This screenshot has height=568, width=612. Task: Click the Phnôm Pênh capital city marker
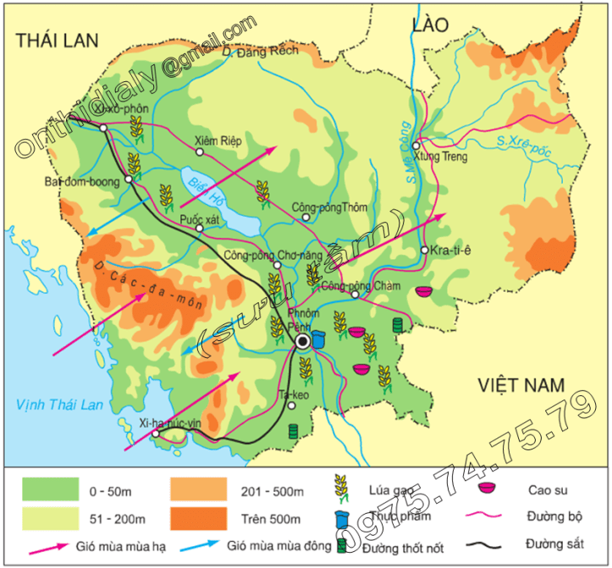pos(302,341)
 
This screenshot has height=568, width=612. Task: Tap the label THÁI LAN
pos(58,40)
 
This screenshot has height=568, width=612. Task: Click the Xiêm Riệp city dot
pos(200,152)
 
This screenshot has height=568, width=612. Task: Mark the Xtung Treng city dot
pos(416,146)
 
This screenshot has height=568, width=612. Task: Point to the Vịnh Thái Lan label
pos(58,405)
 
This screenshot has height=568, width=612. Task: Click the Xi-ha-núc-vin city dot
pos(156,433)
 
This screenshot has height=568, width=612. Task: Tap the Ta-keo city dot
pos(291,405)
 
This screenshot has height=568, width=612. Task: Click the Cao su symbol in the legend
pos(486,488)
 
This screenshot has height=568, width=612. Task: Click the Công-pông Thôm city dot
pos(306,218)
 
